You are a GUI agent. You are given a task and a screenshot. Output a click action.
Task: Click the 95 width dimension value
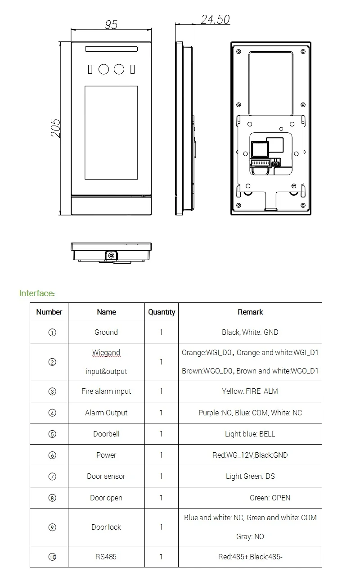[111, 25]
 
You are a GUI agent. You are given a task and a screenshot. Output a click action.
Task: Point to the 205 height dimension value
[55, 128]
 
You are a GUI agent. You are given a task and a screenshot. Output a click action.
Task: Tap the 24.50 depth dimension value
[215, 19]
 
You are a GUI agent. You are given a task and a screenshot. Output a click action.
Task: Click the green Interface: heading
[37, 293]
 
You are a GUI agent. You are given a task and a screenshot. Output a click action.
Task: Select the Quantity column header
[162, 312]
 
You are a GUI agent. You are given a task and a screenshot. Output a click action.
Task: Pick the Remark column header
[250, 312]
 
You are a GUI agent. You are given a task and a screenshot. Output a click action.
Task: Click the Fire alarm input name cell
[106, 391]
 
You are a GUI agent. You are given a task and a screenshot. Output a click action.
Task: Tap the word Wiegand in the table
[106, 353]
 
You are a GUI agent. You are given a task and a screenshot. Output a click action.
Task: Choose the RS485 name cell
[106, 557]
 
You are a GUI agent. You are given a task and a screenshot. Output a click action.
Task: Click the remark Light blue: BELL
[250, 434]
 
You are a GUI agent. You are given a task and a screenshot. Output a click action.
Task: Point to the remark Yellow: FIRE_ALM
[250, 391]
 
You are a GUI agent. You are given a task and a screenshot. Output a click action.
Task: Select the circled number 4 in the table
[52, 413]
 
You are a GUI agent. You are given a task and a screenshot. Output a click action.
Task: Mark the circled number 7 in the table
[52, 476]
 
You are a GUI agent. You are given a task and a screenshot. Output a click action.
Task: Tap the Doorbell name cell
[106, 434]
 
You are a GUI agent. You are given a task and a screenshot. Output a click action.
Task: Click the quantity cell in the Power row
[161, 455]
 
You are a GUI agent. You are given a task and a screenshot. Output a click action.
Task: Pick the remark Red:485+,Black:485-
[250, 557]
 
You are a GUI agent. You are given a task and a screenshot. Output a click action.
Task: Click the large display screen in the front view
[111, 132]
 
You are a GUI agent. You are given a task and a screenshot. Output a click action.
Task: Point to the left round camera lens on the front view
[103, 69]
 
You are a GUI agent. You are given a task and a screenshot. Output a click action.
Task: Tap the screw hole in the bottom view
[111, 256]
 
